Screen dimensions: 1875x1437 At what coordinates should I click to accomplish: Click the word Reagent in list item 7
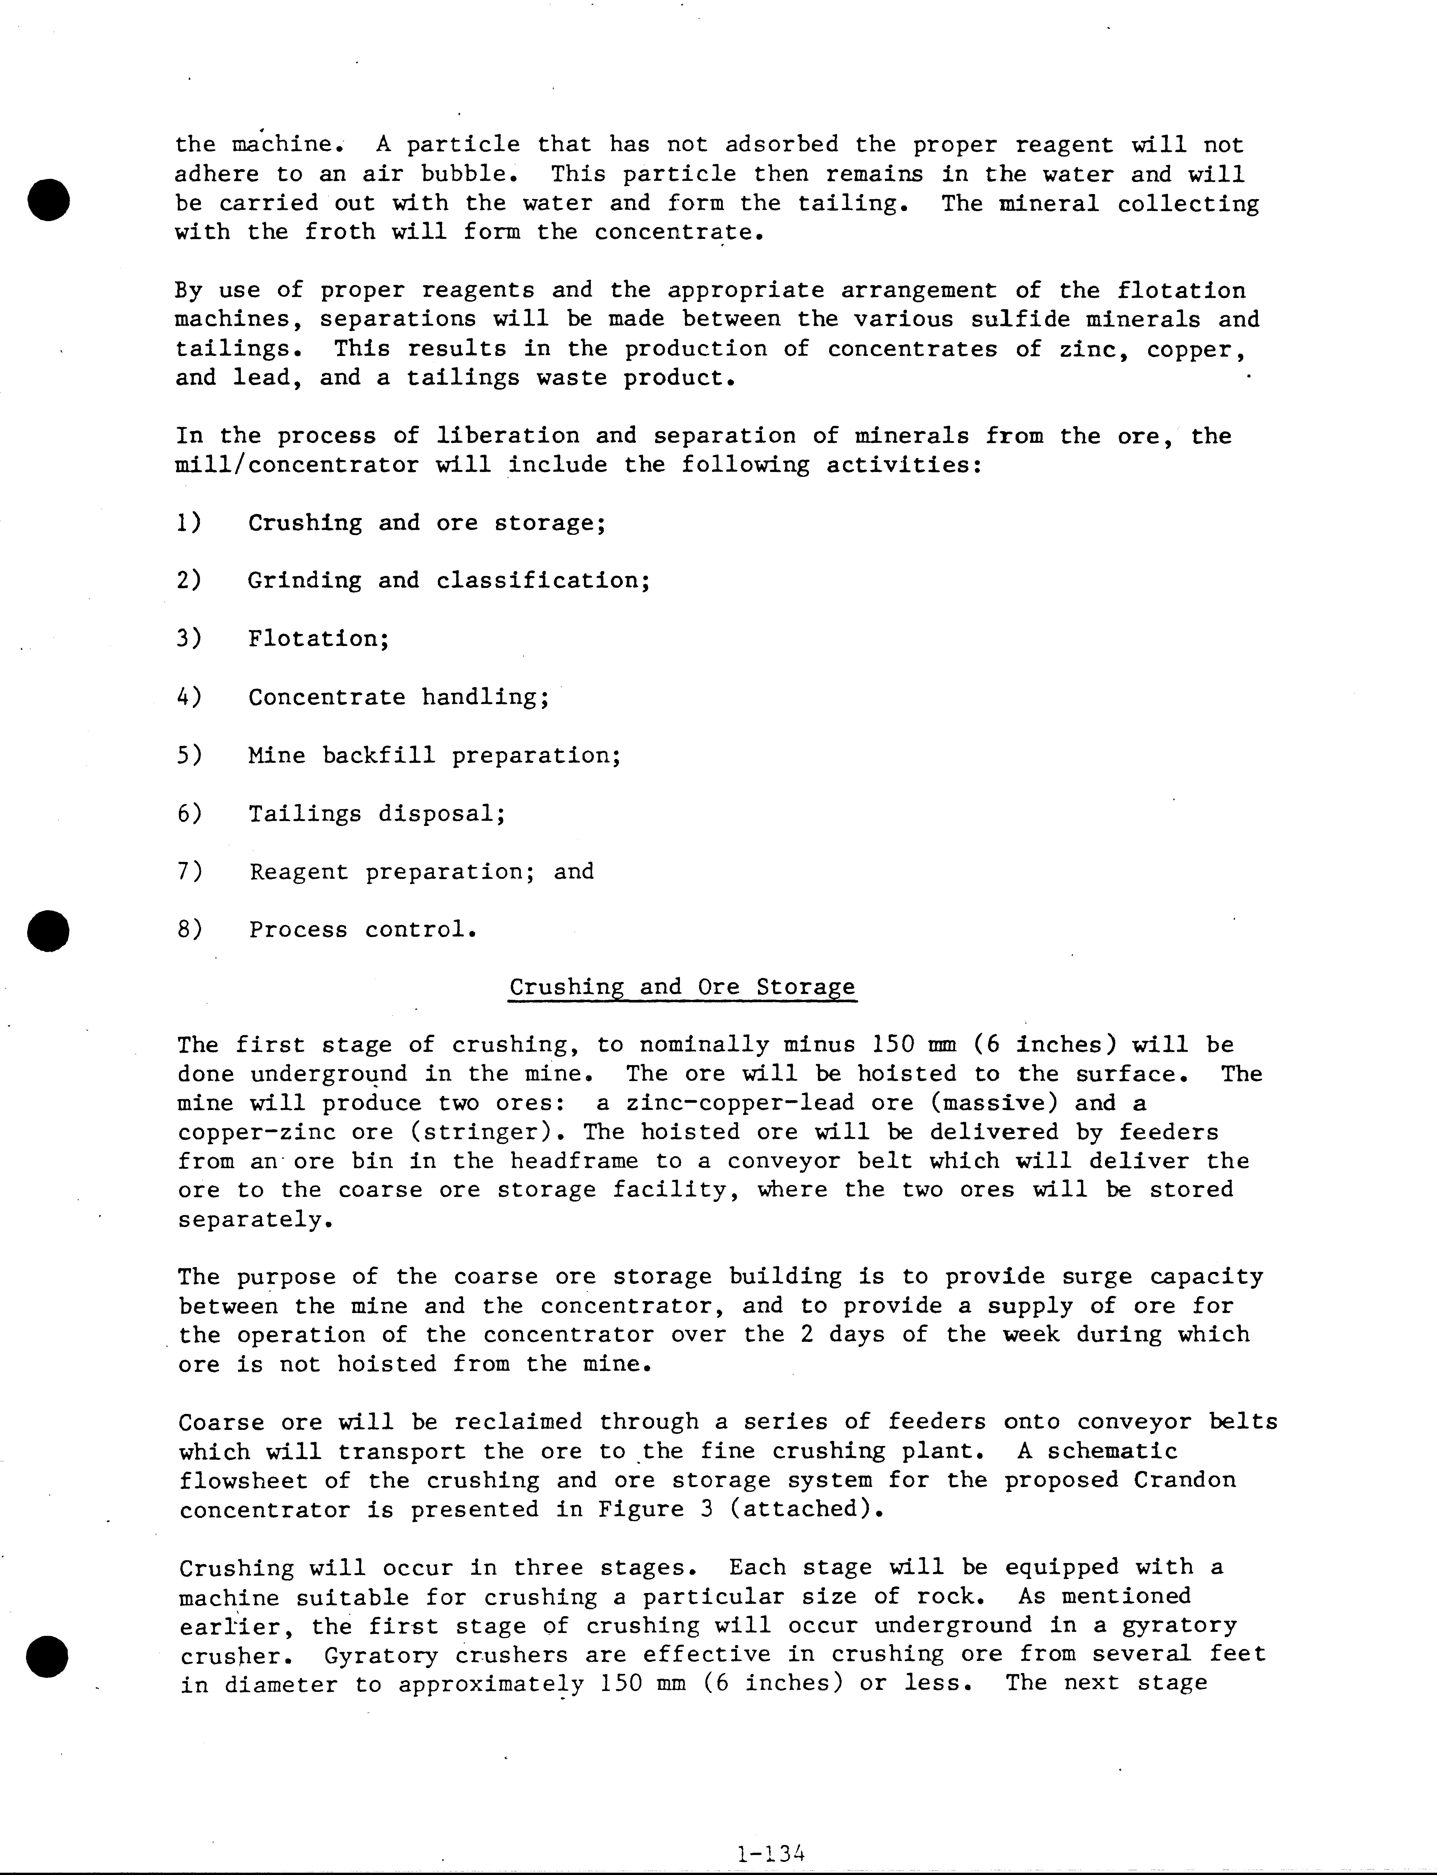pos(299,872)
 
